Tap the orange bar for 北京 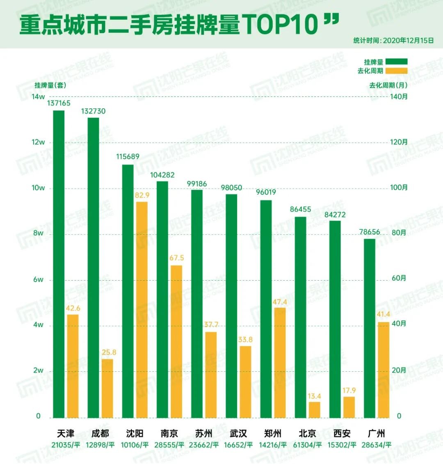315,409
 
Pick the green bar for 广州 370,328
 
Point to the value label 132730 93,111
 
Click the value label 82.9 142,195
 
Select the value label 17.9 349,391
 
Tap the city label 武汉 238,434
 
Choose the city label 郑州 273,434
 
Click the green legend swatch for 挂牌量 396,62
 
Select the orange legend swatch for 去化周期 396,71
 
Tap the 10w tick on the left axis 38,188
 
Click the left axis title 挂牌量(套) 50,85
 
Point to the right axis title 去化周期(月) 388,85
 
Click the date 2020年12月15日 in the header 408,40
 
